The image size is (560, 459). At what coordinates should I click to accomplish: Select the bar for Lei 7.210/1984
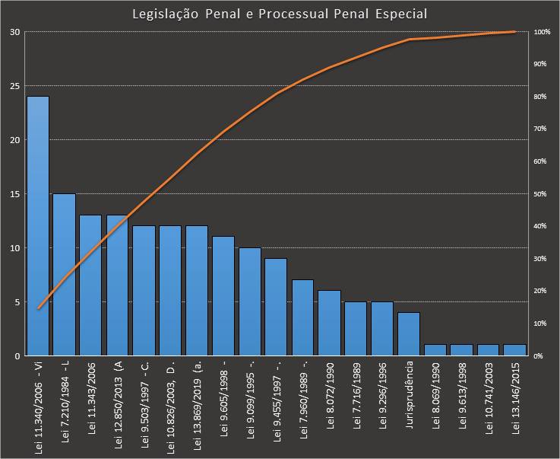[65, 274]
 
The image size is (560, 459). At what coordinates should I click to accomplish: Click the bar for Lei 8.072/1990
[330, 323]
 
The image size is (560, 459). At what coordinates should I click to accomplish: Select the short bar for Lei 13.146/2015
[515, 350]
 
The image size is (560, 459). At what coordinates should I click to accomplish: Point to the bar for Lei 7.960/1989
[303, 317]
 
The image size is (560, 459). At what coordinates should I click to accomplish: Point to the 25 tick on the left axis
[16, 86]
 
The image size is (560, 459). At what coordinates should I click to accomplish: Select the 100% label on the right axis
[542, 32]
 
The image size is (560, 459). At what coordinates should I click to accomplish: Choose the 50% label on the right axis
[540, 194]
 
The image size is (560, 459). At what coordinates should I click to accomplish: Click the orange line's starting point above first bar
[38, 308]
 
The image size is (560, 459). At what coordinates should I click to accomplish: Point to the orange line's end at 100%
[515, 32]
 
